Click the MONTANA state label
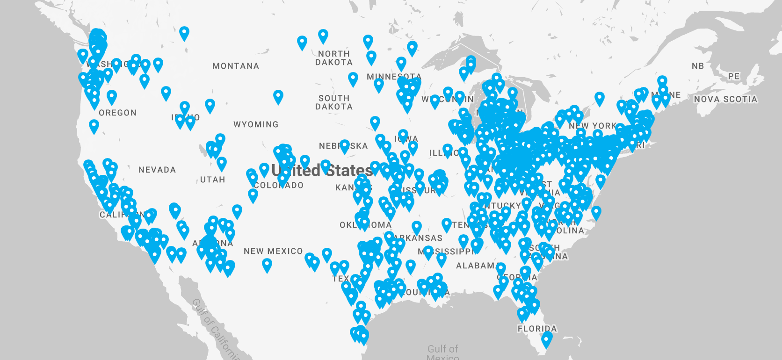point(236,66)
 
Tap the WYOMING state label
point(256,124)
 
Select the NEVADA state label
point(157,170)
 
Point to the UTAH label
point(212,180)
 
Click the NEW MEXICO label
point(273,251)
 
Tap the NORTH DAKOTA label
point(334,58)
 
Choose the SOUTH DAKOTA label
point(334,102)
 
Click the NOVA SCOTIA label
point(725,99)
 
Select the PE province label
point(734,76)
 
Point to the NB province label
point(698,66)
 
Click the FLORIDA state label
point(537,329)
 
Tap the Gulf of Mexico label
point(442,352)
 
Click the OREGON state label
point(118,113)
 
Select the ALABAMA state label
point(475,266)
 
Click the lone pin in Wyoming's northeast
point(278,96)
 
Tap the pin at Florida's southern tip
point(546,339)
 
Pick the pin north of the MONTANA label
point(184,33)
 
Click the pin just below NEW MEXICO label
point(267,265)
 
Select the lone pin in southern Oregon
point(94,126)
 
